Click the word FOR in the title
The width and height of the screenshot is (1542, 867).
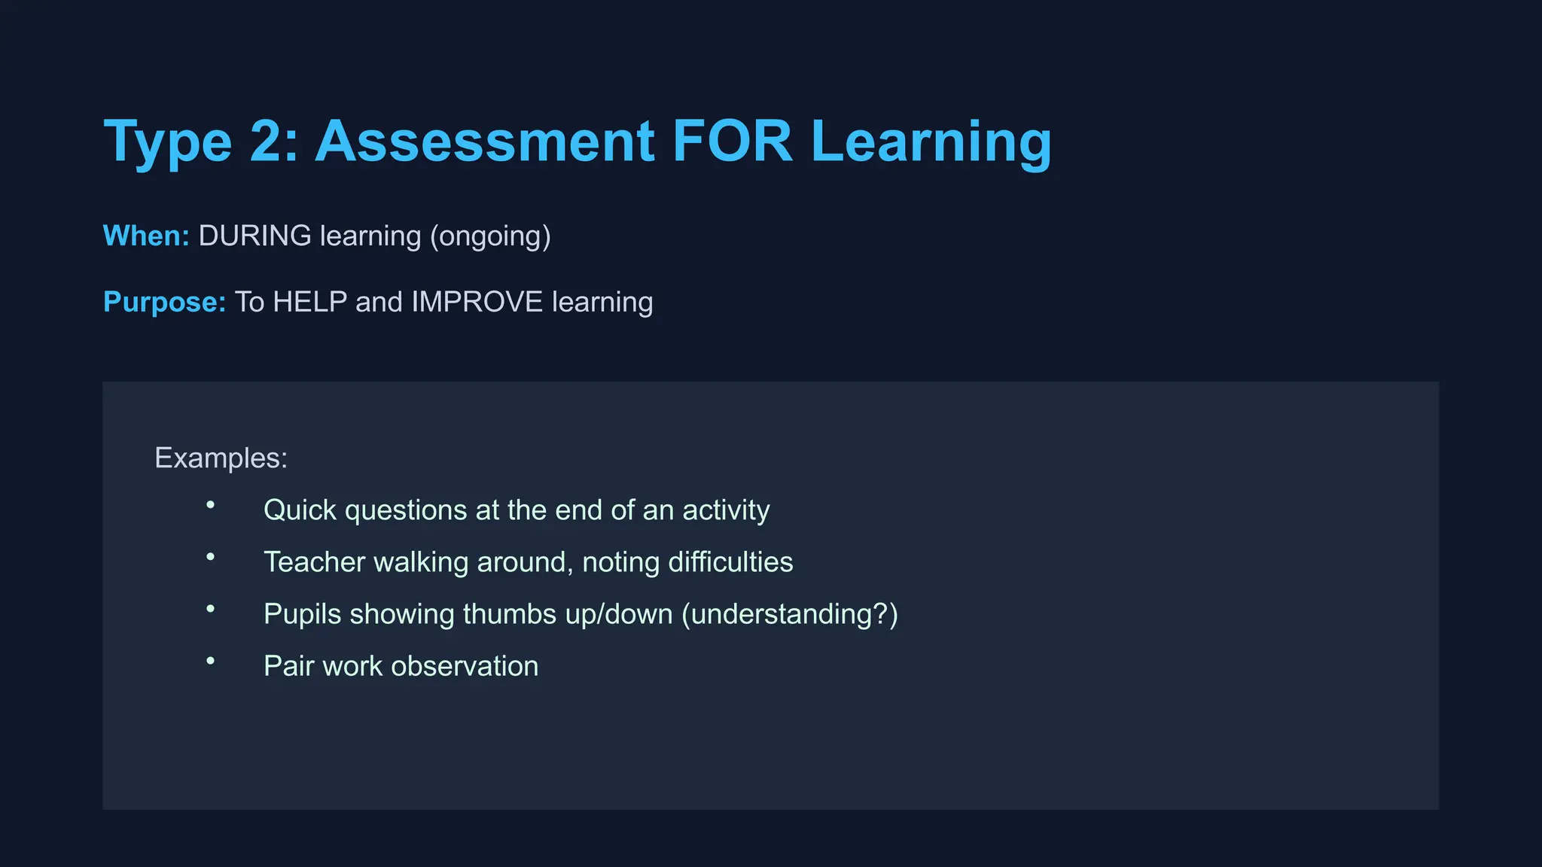[732, 141]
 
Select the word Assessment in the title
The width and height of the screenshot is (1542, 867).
[485, 141]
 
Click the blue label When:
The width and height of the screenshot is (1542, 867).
[146, 236]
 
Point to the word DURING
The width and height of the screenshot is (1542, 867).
[254, 236]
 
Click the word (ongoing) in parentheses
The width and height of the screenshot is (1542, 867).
[490, 236]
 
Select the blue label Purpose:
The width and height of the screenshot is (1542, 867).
[164, 302]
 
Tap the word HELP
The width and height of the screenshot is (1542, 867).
[309, 302]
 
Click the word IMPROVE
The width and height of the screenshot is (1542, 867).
[477, 302]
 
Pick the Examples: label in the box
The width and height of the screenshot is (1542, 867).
[221, 458]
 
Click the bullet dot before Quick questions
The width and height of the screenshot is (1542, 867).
[211, 505]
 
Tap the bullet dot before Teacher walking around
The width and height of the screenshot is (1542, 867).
[211, 557]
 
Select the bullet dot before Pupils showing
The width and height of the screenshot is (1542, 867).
[211, 609]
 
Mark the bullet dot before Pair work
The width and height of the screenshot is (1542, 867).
[211, 661]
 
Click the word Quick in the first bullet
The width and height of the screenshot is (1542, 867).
[300, 510]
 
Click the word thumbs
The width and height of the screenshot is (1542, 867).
[510, 614]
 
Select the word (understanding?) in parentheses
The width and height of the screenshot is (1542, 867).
[790, 614]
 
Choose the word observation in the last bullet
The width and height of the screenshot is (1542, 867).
[465, 666]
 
